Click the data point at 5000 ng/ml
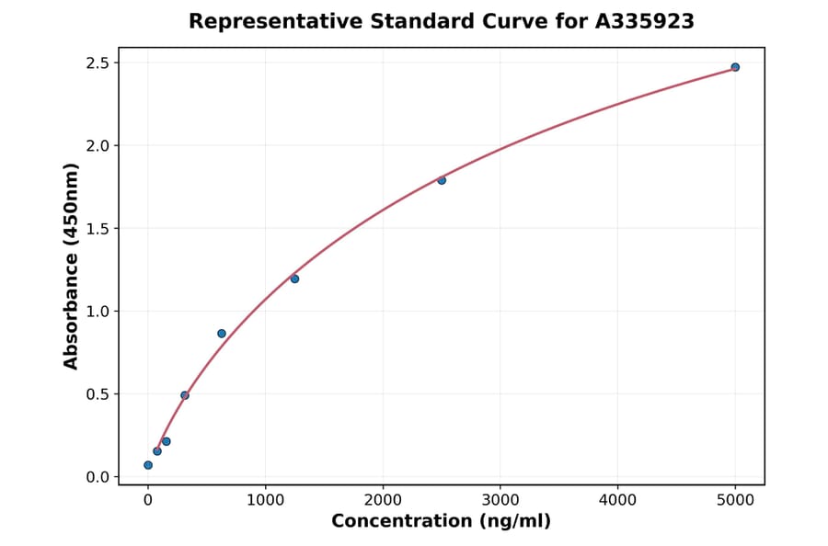[735, 67]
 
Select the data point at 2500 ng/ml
[442, 180]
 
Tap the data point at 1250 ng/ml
[294, 279]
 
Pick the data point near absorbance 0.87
[222, 334]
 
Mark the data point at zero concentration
[148, 465]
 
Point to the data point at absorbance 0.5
[185, 395]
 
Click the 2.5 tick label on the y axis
[98, 63]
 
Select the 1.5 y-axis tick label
[98, 229]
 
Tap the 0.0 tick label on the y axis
[98, 477]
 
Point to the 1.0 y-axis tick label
[98, 312]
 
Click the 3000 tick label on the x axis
[500, 500]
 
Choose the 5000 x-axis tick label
[735, 500]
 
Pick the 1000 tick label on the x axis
[265, 500]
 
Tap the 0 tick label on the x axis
[148, 500]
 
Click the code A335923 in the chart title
[638, 21]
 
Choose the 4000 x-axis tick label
[617, 500]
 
